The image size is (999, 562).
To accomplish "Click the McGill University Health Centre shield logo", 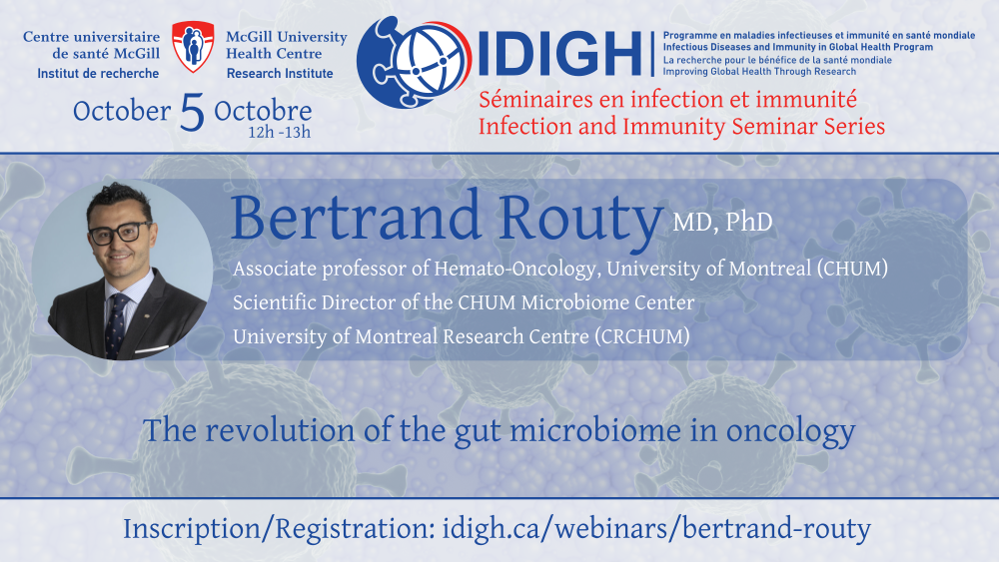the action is (x=193, y=46).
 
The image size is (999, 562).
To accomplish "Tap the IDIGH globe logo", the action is (x=414, y=62).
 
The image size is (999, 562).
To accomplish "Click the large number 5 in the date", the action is (x=193, y=112).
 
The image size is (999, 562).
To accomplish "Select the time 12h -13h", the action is (x=279, y=133).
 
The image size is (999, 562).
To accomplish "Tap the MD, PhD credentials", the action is (x=722, y=223).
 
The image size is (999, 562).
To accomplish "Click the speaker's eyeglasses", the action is (x=120, y=233).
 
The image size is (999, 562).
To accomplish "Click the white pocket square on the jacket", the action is (x=152, y=349).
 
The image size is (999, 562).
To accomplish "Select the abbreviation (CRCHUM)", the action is (x=641, y=336).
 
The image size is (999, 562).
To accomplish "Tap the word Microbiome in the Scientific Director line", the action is (x=574, y=302).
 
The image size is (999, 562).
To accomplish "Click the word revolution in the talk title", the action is (x=281, y=431).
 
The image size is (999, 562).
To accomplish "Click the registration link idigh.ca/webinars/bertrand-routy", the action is (x=656, y=529).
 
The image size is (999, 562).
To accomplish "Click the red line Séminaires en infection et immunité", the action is (x=667, y=99).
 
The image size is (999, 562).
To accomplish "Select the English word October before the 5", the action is (x=122, y=112).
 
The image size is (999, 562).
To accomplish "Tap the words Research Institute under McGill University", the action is (x=280, y=73).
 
